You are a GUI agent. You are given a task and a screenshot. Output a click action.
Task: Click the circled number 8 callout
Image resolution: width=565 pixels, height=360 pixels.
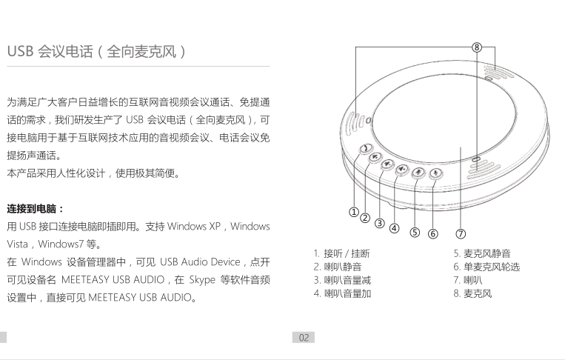pyautogui.click(x=477, y=47)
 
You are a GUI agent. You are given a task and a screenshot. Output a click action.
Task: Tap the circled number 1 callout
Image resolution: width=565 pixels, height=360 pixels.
pyautogui.click(x=354, y=212)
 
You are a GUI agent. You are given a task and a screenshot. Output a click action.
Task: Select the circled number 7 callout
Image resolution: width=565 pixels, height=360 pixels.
pyautogui.click(x=461, y=234)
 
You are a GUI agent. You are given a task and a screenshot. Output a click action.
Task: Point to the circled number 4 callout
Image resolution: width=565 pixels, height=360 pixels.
pyautogui.click(x=395, y=228)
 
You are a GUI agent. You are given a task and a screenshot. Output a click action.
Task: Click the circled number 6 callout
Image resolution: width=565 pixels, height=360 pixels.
pyautogui.click(x=433, y=234)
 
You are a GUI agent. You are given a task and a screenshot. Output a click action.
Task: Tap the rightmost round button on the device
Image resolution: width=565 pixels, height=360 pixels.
pyautogui.click(x=436, y=174)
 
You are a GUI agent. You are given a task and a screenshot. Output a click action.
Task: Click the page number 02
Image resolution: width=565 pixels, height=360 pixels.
pyautogui.click(x=304, y=338)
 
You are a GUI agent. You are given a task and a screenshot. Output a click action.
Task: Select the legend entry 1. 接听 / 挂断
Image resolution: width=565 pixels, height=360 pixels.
pyautogui.click(x=341, y=253)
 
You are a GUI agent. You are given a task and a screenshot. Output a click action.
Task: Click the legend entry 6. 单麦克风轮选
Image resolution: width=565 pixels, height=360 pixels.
pyautogui.click(x=487, y=267)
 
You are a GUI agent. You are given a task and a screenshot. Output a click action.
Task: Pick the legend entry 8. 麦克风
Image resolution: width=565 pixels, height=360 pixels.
pyautogui.click(x=472, y=293)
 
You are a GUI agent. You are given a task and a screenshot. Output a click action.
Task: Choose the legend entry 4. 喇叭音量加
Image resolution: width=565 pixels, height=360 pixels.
pyautogui.click(x=342, y=293)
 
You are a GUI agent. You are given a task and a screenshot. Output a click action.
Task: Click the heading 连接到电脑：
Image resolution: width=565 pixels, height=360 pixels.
pyautogui.click(x=36, y=209)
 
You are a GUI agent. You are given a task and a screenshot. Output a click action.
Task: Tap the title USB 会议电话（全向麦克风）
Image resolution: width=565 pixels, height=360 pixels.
pyautogui.click(x=97, y=52)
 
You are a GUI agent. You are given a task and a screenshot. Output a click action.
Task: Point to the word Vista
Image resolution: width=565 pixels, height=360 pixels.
pyautogui.click(x=17, y=244)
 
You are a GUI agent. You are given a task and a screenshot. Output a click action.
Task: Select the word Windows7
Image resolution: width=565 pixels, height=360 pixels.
pyautogui.click(x=61, y=244)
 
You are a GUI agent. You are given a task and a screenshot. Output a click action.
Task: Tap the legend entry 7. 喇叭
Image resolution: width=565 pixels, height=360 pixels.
pyautogui.click(x=468, y=280)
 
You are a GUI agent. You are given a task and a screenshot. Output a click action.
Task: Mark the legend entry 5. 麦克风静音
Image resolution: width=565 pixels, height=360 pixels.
pyautogui.click(x=482, y=253)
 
